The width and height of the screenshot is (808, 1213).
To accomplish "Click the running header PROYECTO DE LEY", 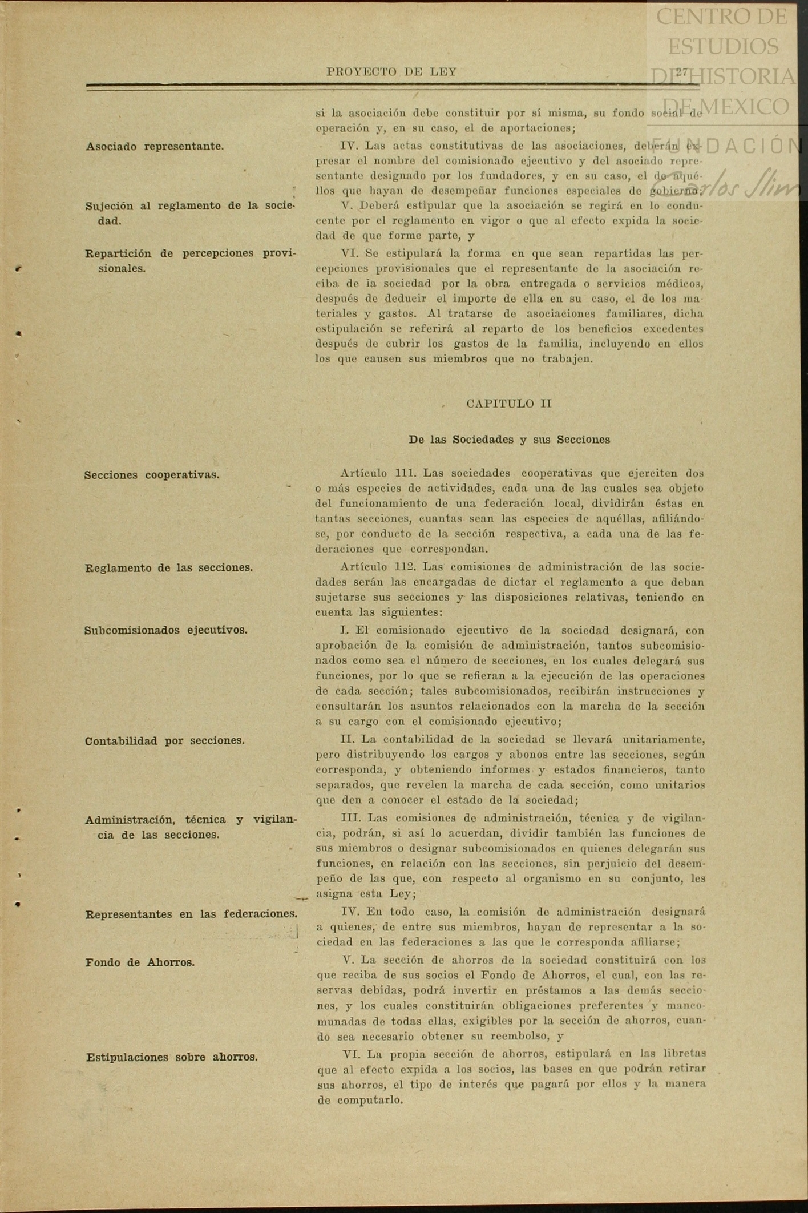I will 391,72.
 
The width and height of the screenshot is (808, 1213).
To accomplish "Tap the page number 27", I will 682,72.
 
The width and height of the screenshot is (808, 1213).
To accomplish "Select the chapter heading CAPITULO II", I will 508,404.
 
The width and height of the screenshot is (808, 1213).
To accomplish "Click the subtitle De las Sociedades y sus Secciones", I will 509,440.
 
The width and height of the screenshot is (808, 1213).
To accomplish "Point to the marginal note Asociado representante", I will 155,146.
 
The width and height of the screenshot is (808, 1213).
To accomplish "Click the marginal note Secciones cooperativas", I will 152,475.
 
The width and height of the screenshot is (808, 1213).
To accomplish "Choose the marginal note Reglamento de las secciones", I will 169,568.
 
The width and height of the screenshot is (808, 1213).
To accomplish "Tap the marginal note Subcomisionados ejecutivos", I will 166,630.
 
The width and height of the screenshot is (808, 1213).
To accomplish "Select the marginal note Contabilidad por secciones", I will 165,741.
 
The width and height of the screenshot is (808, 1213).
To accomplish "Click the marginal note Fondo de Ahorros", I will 140,962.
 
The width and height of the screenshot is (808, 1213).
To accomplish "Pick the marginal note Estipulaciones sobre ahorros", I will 172,1057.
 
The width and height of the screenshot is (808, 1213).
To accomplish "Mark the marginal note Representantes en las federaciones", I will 191,914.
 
